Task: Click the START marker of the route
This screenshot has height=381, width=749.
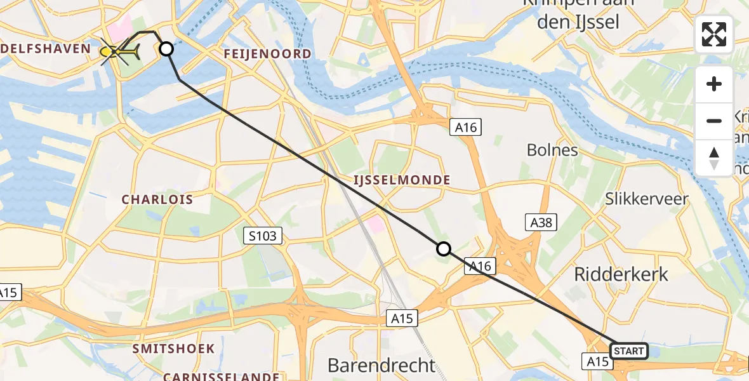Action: tap(629, 351)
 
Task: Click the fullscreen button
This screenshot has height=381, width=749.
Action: tap(714, 35)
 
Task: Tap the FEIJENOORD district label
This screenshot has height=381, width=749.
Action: tap(267, 54)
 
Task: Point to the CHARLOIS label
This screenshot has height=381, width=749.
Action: tap(157, 199)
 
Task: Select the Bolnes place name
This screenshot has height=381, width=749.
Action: tap(552, 150)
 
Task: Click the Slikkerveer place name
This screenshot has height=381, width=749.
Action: tap(647, 199)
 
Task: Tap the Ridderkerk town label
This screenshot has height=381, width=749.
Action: tap(621, 274)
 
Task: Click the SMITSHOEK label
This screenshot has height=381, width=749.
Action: tap(173, 349)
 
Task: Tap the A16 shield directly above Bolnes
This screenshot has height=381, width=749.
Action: tap(465, 128)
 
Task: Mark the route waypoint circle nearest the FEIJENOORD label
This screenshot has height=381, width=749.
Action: tap(166, 49)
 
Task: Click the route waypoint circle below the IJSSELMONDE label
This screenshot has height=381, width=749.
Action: tap(444, 249)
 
